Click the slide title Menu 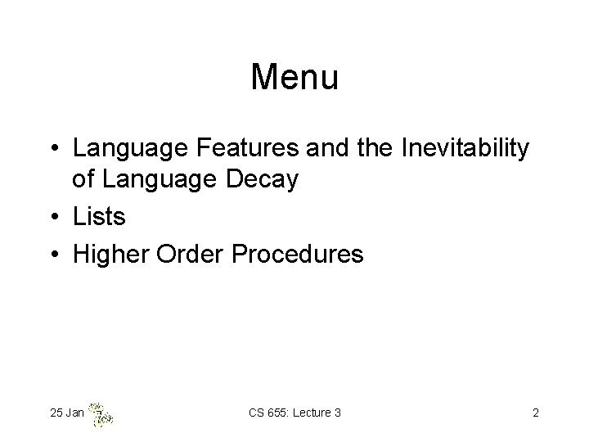(x=294, y=78)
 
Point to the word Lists (x=99, y=217)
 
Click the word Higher (x=106, y=255)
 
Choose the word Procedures (x=298, y=255)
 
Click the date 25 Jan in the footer (x=66, y=413)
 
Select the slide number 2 (x=535, y=413)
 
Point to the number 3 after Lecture (x=337, y=413)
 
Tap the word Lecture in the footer (x=311, y=413)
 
